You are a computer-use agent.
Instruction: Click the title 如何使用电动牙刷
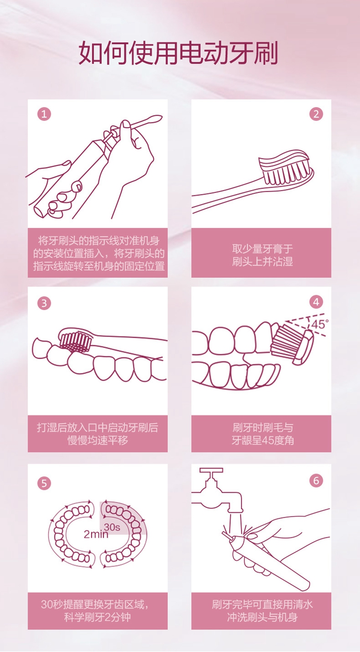(x=178, y=53)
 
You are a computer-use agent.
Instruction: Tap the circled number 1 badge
(x=44, y=114)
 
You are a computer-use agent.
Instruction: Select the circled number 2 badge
(x=316, y=114)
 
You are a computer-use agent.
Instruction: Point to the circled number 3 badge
(x=44, y=303)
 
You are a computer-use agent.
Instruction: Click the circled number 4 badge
(x=316, y=302)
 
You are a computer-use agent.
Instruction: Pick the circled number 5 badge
(x=44, y=483)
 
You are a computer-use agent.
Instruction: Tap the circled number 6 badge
(x=316, y=480)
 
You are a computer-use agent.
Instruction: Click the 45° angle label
(x=320, y=324)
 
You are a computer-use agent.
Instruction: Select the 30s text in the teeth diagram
(x=112, y=527)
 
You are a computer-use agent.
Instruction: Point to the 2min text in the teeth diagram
(x=96, y=534)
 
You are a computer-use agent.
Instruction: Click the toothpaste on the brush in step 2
(x=284, y=160)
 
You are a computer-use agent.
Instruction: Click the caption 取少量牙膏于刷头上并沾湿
(x=262, y=255)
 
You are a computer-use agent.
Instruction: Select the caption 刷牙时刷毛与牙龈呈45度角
(x=262, y=434)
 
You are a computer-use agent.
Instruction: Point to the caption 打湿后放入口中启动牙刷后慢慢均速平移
(x=97, y=434)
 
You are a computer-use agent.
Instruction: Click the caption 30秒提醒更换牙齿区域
(x=95, y=604)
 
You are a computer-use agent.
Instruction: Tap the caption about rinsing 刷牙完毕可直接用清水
(x=262, y=604)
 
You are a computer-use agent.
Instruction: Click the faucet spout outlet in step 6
(x=235, y=510)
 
